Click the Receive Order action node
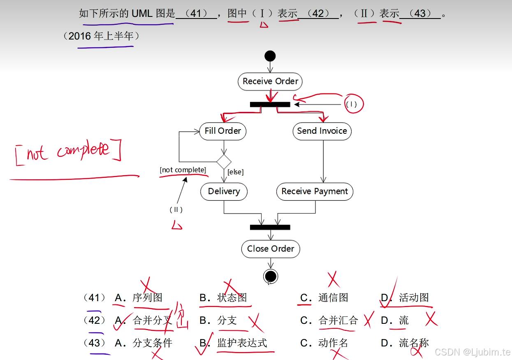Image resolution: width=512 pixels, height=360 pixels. [x=270, y=81]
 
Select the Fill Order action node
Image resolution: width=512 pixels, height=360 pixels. [x=223, y=131]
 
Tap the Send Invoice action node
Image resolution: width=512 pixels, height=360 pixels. [x=322, y=131]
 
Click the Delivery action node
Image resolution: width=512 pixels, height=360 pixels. [x=224, y=191]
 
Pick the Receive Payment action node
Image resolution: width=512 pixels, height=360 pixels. [x=315, y=191]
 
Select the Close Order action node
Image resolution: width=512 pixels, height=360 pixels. [x=271, y=249]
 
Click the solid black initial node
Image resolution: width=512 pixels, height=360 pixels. [x=270, y=56]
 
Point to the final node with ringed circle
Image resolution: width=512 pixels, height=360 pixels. [x=271, y=276]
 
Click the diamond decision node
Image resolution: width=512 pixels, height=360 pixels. [x=224, y=162]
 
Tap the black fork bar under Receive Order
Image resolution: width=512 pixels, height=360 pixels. [x=270, y=105]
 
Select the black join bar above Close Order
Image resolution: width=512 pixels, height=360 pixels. [x=270, y=227]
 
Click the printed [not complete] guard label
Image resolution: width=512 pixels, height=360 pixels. [x=183, y=170]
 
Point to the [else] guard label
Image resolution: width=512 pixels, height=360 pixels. [x=236, y=172]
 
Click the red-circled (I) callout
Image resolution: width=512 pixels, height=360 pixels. [x=352, y=105]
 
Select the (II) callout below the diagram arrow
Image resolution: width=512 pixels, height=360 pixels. [x=176, y=209]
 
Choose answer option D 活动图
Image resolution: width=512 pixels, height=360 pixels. [x=414, y=297]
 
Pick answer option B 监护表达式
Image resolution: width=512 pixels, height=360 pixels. [x=242, y=343]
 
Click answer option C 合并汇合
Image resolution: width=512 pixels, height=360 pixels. [x=338, y=320]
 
